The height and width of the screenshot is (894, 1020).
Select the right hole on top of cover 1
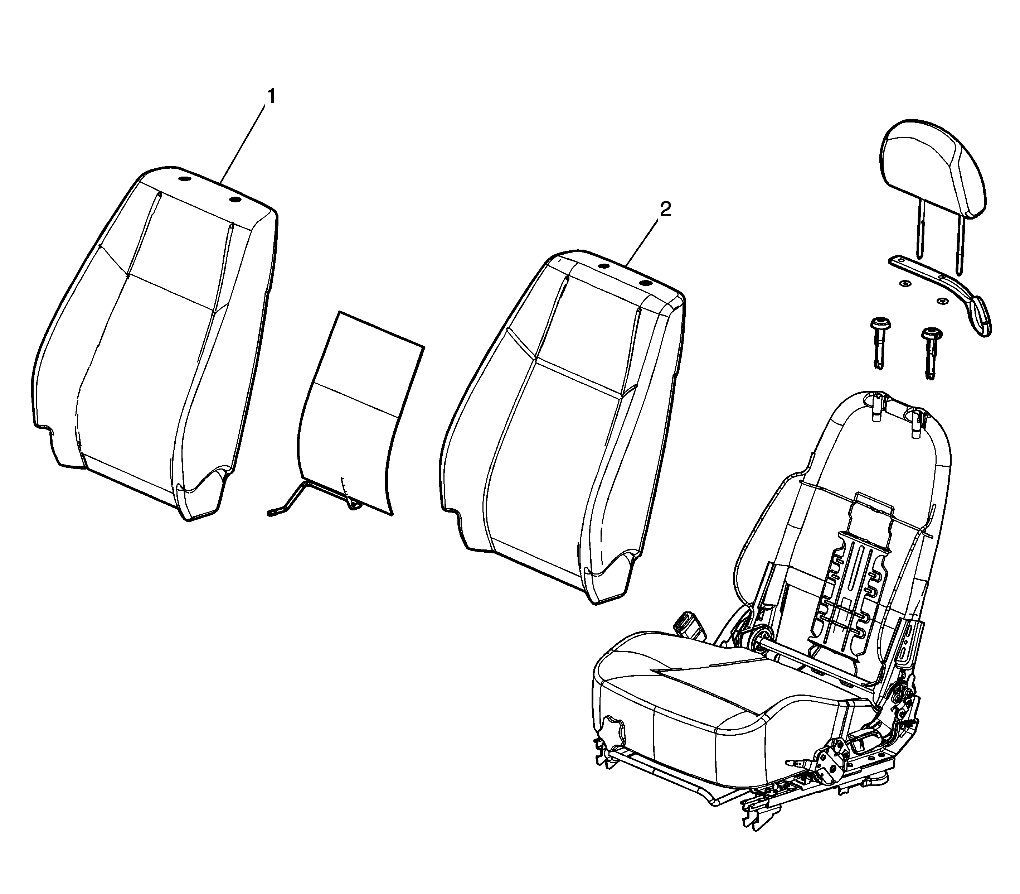pos(235,200)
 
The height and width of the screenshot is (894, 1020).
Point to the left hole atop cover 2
pos(603,266)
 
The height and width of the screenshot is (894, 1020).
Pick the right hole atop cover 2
pos(646,283)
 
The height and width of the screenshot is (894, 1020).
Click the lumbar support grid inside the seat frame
pos(842,584)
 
